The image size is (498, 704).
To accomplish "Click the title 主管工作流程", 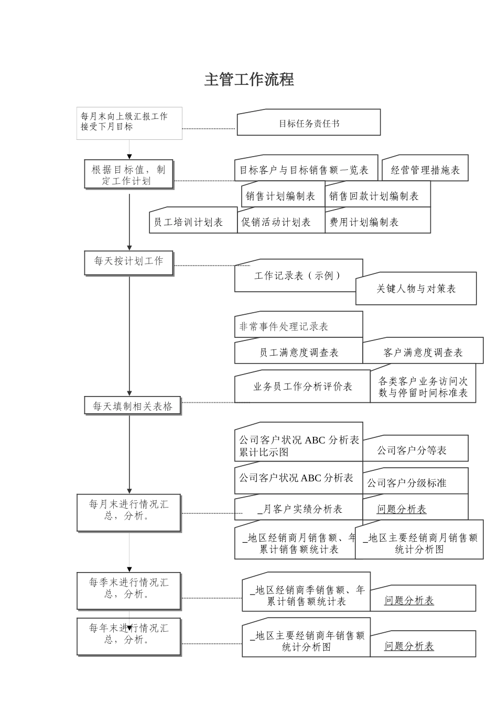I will pos(249,80).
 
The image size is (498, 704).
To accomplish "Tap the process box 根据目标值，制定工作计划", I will pos(128,175).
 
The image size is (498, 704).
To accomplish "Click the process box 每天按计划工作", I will pos(128,262).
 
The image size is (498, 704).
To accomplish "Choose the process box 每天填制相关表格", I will pos(133,406).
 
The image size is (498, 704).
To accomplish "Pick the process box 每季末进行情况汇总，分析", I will pos(129,590).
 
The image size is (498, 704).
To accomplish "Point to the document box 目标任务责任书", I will pos(309,124).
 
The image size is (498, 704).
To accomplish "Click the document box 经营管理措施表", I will pos(425,170).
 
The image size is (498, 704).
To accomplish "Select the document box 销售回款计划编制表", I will pos(374,196).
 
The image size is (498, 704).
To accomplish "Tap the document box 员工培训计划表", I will pos(188,222).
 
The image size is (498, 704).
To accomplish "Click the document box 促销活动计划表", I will pos(276,222).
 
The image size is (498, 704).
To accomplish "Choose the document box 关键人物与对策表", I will pos(416,289).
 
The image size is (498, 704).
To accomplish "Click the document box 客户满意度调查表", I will pos(423,353).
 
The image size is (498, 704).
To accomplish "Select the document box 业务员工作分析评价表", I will pos(302,387).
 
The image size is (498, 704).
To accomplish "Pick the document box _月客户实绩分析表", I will pos(300,509).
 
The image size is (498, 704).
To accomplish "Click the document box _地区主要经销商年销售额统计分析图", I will pos(306,641).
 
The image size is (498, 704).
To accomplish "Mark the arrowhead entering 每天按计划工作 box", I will pos(129,248).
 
